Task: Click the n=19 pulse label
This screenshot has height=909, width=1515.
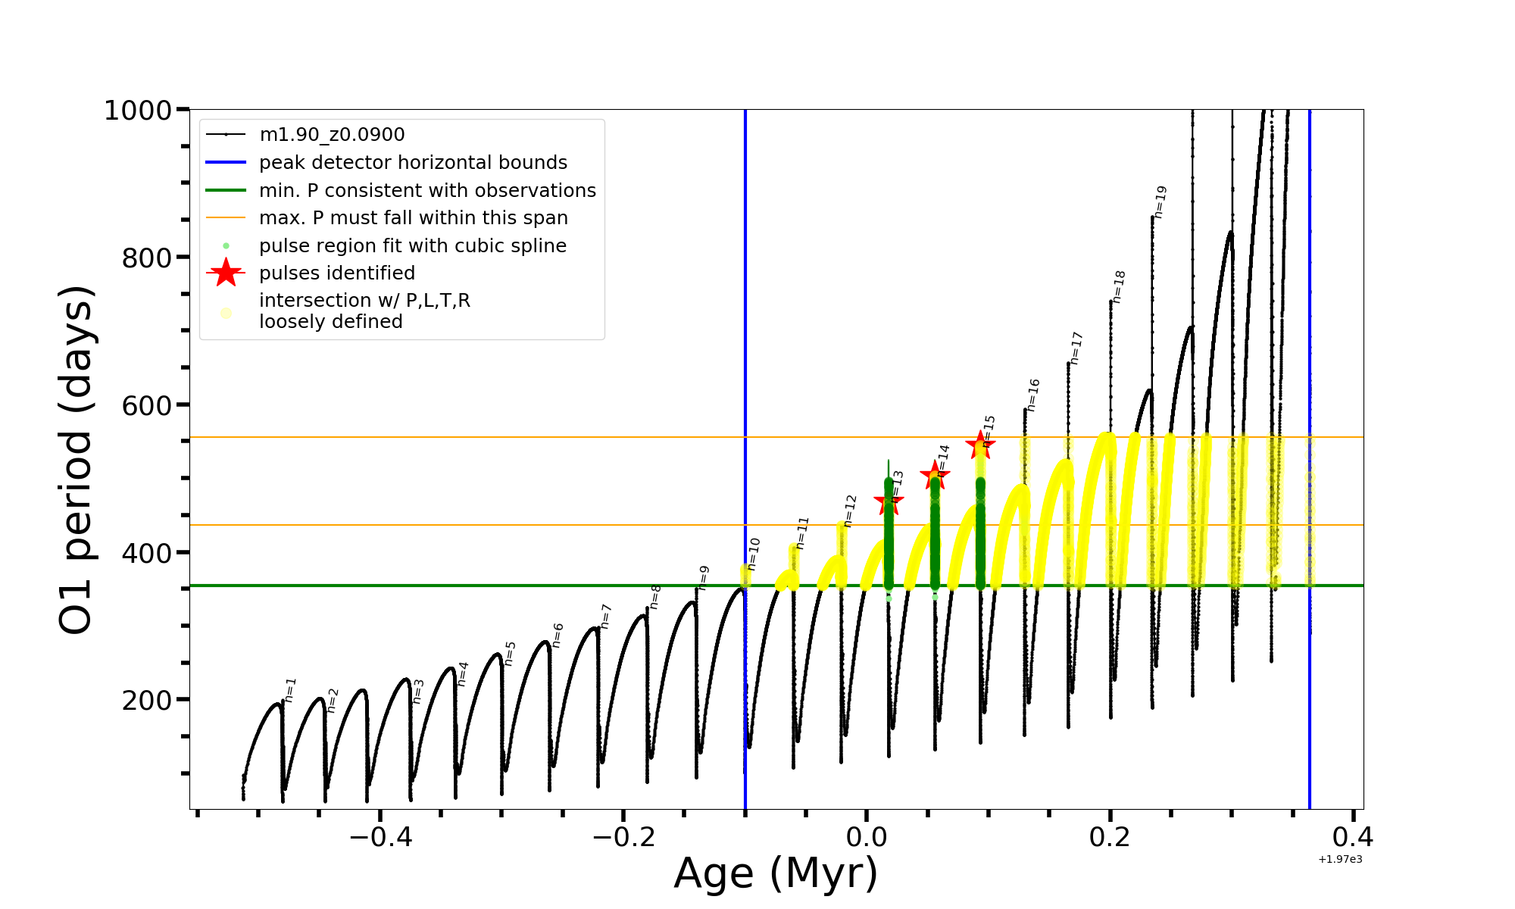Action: point(1160,201)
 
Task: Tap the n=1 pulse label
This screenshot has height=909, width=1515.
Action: point(291,689)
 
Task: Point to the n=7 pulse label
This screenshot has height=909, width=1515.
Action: point(605,616)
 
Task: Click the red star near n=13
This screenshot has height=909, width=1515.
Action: point(889,501)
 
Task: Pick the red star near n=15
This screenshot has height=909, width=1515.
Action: point(980,445)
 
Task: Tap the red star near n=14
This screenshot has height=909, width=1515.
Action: point(935,476)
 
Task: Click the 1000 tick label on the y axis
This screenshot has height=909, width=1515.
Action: point(138,111)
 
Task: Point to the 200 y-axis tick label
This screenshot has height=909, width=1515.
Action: point(147,700)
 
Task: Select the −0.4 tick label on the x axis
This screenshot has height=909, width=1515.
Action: point(380,837)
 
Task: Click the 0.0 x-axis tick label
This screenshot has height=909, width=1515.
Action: point(867,837)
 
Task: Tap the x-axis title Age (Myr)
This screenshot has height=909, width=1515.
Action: point(776,873)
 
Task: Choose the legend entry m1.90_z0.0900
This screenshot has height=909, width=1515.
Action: point(332,135)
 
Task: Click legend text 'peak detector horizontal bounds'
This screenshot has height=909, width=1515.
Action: point(413,163)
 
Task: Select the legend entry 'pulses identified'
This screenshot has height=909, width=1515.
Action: point(337,273)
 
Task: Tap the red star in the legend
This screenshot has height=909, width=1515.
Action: point(226,273)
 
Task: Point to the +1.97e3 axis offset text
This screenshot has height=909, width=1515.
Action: point(1340,859)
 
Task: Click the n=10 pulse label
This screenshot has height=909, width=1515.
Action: point(753,554)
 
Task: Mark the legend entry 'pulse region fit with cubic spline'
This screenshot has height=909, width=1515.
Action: point(413,246)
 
